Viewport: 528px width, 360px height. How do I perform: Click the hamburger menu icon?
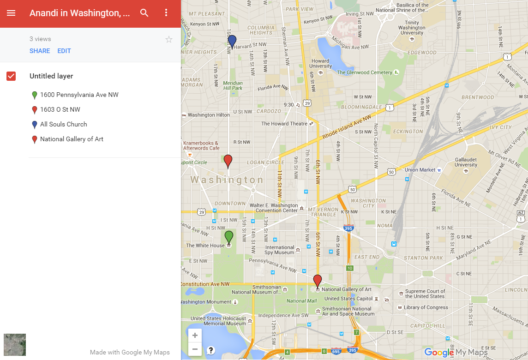(11, 13)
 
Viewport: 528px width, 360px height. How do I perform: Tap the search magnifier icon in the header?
(144, 13)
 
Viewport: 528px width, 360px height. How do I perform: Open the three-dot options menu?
(167, 13)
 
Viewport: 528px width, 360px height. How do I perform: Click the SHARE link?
(40, 51)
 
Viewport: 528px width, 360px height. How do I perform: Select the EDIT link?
(64, 51)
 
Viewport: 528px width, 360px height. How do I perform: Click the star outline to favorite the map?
(169, 40)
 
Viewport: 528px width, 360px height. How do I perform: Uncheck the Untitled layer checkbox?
(11, 76)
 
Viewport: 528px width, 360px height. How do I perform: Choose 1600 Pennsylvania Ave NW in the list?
(79, 95)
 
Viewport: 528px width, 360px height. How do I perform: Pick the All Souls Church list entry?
(63, 124)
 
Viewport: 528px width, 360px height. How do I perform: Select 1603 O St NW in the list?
(60, 109)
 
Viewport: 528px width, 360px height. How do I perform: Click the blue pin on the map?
(232, 41)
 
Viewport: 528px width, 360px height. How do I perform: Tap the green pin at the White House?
(228, 237)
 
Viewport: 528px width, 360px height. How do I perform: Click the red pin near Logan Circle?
(228, 161)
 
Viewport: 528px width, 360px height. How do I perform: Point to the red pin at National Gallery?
(318, 281)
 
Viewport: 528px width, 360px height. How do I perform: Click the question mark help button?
(211, 350)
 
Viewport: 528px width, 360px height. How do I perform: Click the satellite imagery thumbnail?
(15, 345)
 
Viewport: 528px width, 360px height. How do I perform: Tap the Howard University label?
(320, 63)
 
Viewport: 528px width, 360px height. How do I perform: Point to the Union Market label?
(420, 170)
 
